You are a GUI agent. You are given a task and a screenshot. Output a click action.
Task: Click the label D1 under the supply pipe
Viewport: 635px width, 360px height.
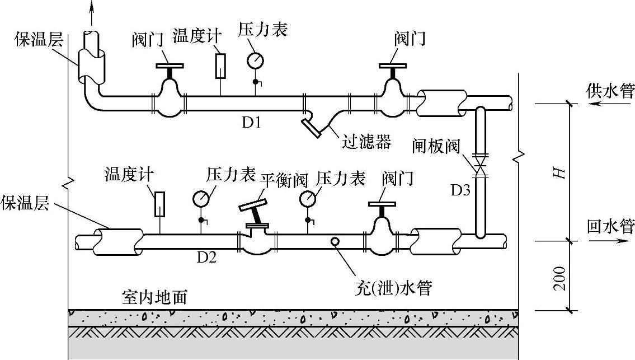click(251, 122)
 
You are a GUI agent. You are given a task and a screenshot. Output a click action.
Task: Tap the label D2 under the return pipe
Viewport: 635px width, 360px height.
click(206, 257)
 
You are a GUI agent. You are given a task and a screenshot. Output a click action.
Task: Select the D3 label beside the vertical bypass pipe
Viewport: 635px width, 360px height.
click(461, 190)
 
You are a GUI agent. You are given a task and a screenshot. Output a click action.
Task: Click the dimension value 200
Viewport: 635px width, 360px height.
click(559, 278)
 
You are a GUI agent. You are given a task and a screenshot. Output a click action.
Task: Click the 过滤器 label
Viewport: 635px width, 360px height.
click(366, 142)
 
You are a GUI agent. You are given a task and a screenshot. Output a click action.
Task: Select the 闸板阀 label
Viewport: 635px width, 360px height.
click(436, 146)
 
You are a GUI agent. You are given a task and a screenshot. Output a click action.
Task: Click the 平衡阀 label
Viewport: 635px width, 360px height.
click(284, 180)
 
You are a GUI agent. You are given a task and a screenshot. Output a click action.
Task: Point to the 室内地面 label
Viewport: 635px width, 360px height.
click(155, 297)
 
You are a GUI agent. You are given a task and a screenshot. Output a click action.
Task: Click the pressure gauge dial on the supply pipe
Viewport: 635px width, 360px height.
click(255, 61)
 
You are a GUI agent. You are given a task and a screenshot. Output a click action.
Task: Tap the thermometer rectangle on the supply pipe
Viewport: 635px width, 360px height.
click(220, 66)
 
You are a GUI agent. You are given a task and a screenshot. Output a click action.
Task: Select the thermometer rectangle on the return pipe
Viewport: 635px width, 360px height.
click(160, 204)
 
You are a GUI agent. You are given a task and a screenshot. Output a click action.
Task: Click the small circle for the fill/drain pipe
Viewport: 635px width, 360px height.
click(335, 242)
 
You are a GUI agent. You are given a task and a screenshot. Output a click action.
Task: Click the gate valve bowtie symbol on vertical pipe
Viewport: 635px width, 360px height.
click(481, 165)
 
